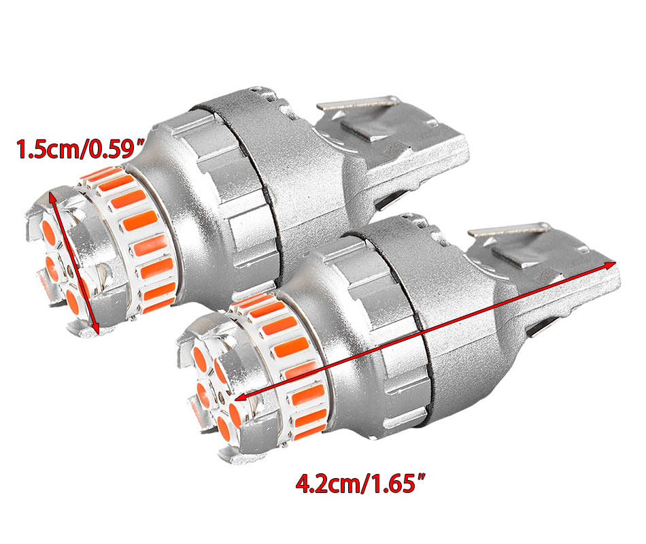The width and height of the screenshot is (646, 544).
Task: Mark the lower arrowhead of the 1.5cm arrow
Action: [96, 328]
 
